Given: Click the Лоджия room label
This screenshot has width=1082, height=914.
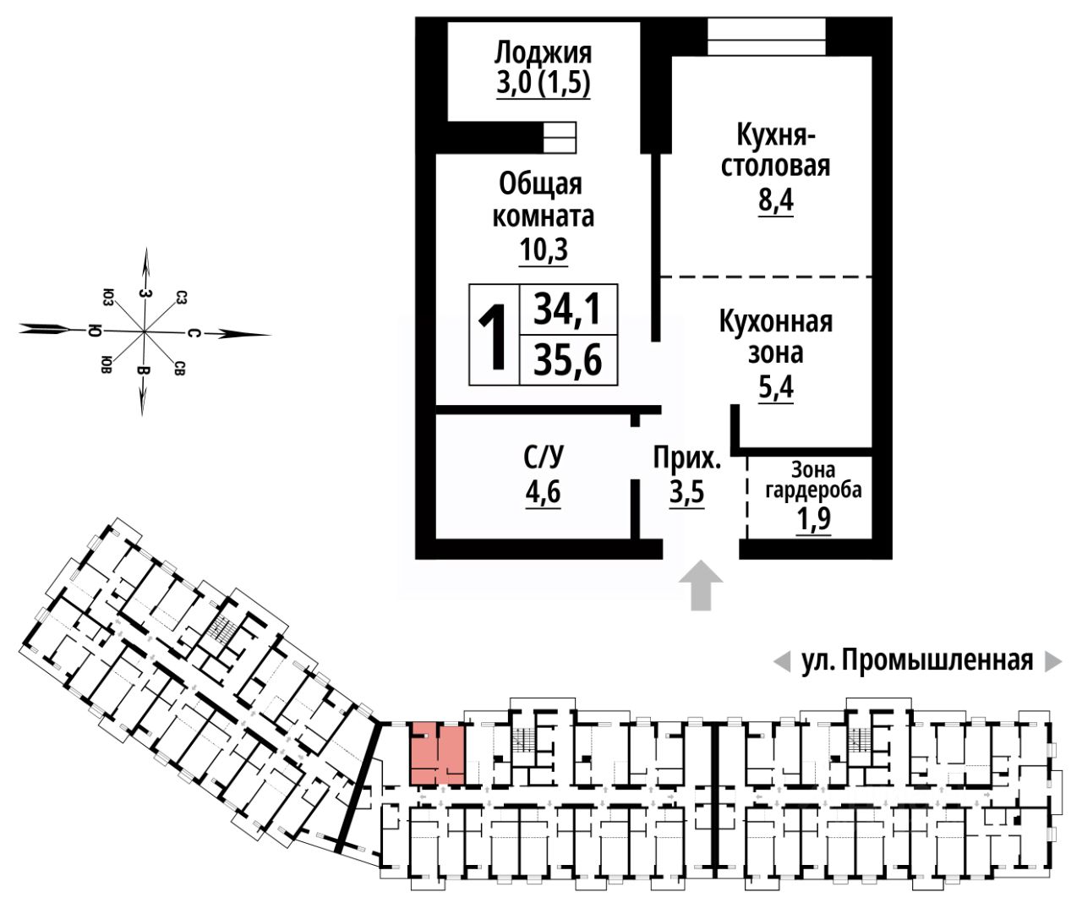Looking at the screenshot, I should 543,52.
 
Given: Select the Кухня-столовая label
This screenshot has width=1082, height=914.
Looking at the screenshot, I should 774,150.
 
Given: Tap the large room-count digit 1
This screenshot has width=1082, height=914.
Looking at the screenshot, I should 494,336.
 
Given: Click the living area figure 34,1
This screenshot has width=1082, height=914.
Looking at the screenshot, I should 568,309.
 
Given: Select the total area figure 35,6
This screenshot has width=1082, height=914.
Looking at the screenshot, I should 568,361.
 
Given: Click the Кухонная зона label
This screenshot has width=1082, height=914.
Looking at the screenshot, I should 775,337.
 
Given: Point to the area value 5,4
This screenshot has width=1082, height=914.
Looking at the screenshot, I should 775,388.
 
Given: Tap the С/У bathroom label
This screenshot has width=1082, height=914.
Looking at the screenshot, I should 543,458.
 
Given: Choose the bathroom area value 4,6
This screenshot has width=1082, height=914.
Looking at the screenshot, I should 543,491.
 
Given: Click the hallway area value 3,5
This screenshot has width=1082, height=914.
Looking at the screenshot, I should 686,492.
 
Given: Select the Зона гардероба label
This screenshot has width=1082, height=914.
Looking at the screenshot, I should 812,479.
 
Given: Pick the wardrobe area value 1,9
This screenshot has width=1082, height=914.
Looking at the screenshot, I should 813,519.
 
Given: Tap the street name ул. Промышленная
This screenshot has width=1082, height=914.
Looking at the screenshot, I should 916,660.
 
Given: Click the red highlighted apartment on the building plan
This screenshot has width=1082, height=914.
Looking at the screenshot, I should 437,753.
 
